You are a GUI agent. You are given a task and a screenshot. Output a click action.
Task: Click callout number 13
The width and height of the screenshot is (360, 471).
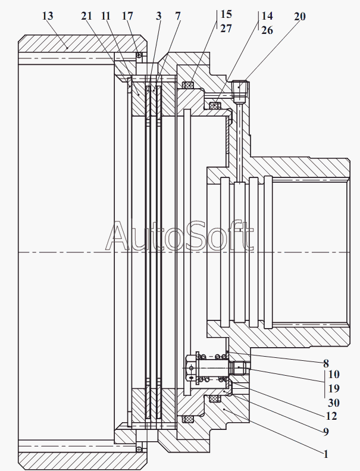click(x=48, y=15)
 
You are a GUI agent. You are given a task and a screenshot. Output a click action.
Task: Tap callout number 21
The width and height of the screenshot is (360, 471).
click(x=86, y=16)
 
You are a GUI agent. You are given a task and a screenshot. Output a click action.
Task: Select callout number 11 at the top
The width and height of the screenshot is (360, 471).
click(x=106, y=16)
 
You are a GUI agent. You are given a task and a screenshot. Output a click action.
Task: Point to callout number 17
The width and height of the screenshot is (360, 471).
click(x=128, y=16)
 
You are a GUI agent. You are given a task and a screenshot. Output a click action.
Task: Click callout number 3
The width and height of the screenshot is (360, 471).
click(x=159, y=16)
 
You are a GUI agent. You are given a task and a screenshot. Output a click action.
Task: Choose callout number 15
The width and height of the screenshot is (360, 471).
click(x=227, y=13)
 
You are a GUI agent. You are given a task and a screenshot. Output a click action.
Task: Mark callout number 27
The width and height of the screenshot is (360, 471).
click(x=227, y=27)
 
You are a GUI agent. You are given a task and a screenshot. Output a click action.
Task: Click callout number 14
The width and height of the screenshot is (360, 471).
click(x=267, y=16)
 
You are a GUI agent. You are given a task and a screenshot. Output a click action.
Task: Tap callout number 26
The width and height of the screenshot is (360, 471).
click(x=267, y=29)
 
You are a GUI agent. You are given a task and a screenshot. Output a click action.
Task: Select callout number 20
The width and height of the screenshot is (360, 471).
click(x=300, y=16)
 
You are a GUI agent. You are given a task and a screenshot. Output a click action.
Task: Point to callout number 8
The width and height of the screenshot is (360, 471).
click(x=326, y=362)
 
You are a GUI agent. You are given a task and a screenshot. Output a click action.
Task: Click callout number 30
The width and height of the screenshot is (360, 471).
click(x=333, y=403)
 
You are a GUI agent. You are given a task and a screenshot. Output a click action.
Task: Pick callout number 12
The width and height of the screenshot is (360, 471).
click(x=332, y=416)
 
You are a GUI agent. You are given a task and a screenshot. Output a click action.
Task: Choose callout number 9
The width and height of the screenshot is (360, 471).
click(x=326, y=431)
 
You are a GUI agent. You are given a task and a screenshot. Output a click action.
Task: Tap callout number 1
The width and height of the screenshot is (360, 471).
click(x=326, y=454)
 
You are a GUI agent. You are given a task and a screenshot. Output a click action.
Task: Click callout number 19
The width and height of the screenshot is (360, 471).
click(x=333, y=388)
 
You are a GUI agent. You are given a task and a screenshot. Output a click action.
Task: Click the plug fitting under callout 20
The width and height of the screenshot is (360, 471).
click(x=240, y=91)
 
